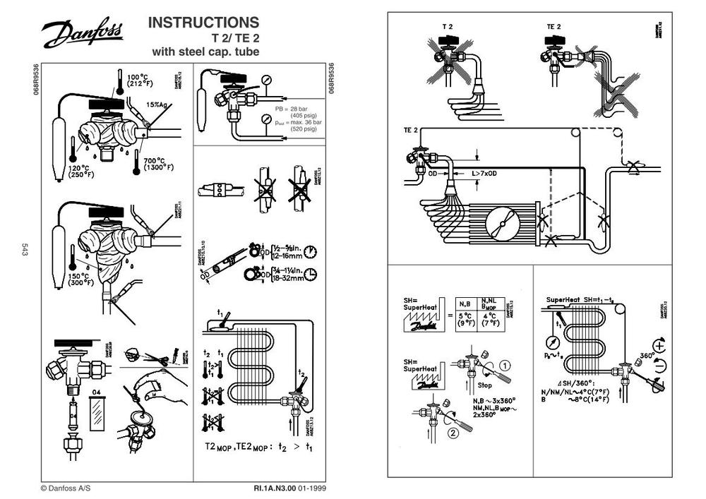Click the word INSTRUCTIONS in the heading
click(x=203, y=23)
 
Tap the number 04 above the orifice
click(x=97, y=390)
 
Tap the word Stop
click(x=485, y=385)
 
